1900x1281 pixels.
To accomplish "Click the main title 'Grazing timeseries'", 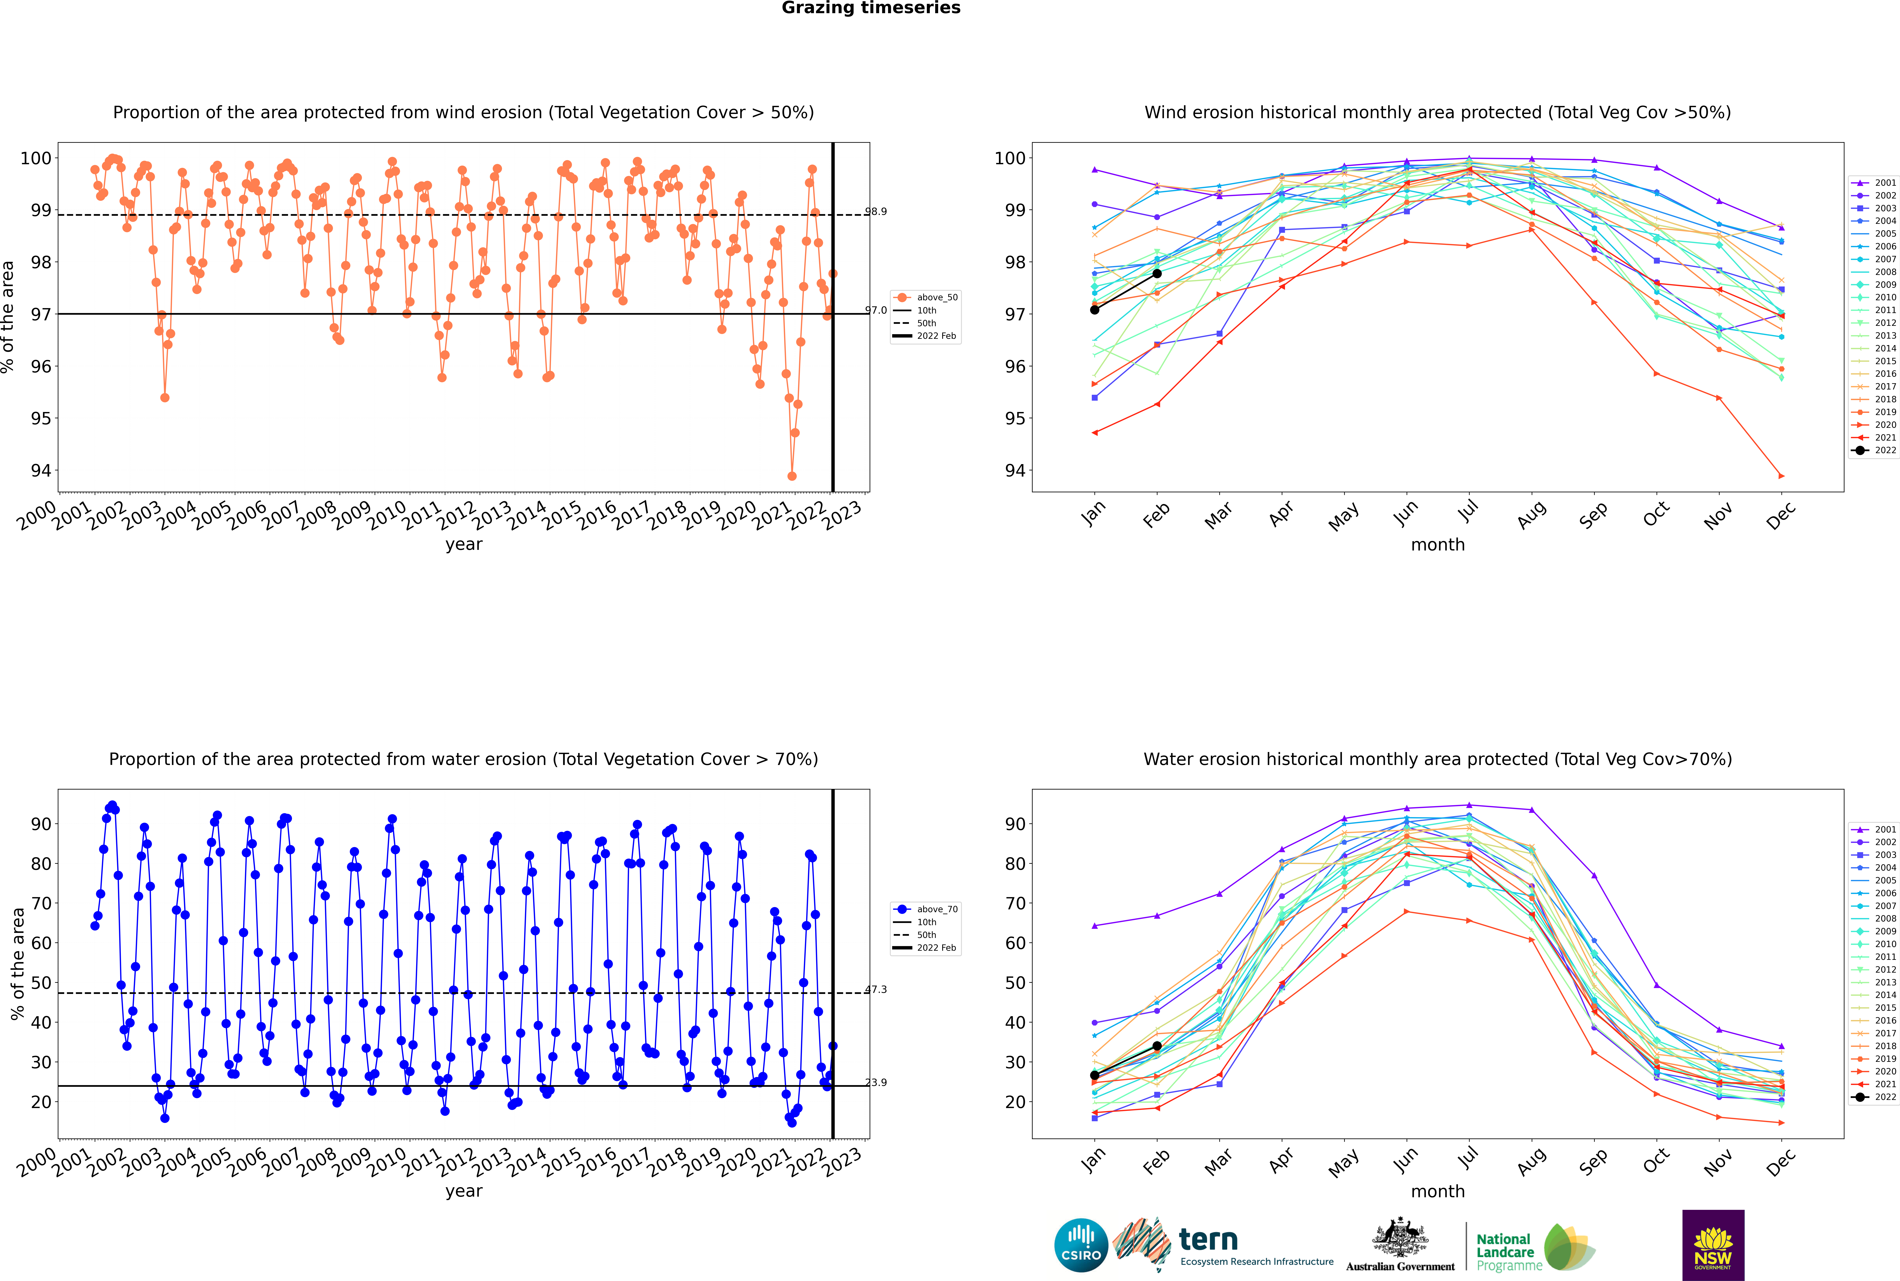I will [x=871, y=8].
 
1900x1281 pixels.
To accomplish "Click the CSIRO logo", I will [x=1081, y=1245].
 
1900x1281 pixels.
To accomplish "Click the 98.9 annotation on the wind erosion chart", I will [x=876, y=212].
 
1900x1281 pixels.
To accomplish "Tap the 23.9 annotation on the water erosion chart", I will [x=876, y=1083].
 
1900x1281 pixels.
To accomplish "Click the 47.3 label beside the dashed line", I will [x=876, y=989].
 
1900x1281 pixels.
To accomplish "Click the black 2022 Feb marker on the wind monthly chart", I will [x=1157, y=274].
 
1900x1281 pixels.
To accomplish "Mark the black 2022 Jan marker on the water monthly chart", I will [x=1095, y=1075].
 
